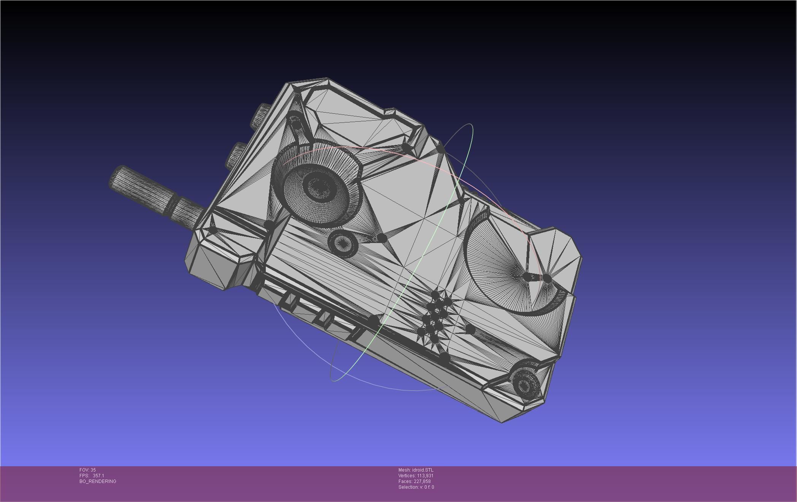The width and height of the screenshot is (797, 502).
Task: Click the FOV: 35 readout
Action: [x=87, y=470]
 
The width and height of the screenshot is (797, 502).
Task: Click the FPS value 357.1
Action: [x=98, y=476]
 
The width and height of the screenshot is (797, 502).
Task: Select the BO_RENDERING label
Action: [x=98, y=481]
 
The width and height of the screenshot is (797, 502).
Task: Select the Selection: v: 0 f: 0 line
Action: [x=416, y=487]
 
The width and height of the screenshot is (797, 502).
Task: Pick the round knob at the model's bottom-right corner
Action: [x=526, y=384]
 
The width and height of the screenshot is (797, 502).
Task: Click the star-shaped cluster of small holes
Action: [x=435, y=316]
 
